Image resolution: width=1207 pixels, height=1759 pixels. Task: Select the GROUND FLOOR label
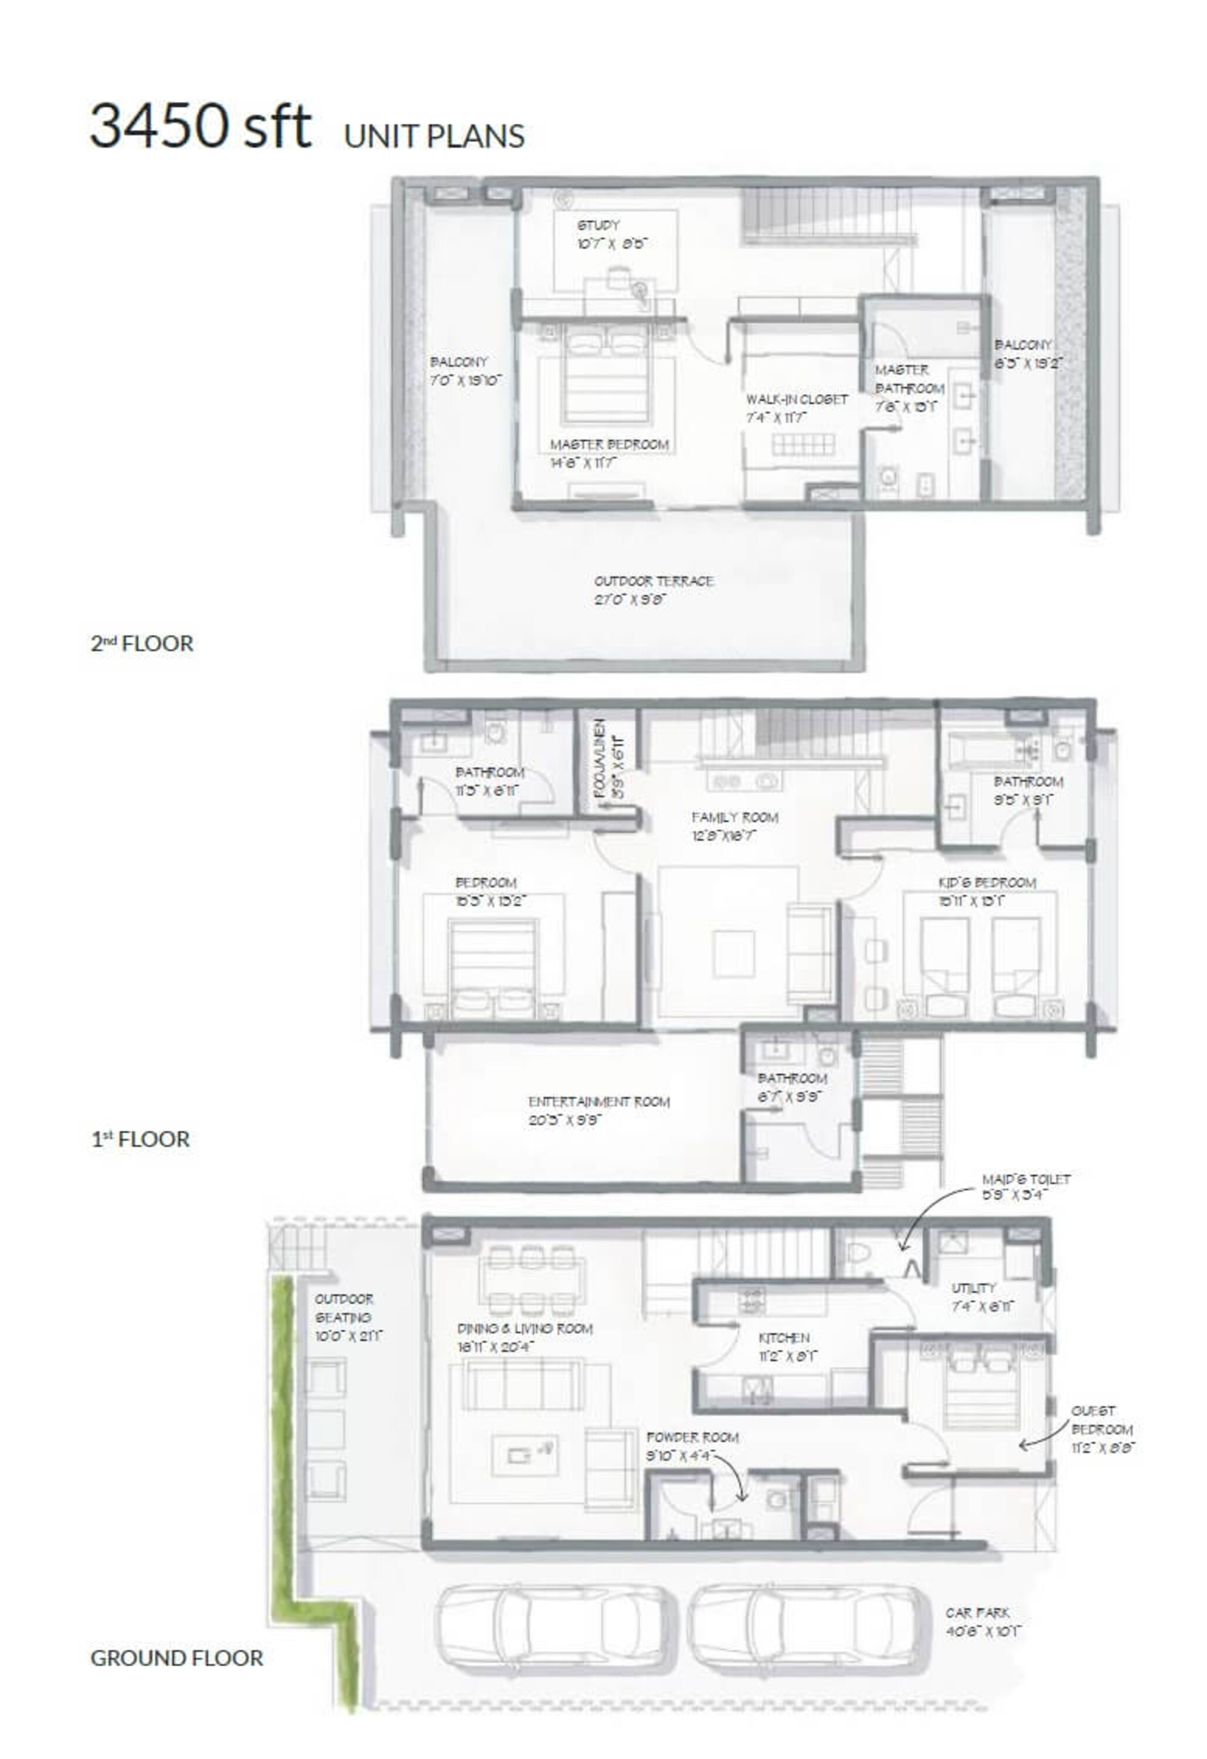pos(176,1658)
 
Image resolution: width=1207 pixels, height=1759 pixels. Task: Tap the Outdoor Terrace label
pos(654,581)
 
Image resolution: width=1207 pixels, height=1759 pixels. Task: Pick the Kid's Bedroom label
pos(987,883)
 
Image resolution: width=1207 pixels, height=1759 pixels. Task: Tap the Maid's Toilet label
pos(1025,1180)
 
